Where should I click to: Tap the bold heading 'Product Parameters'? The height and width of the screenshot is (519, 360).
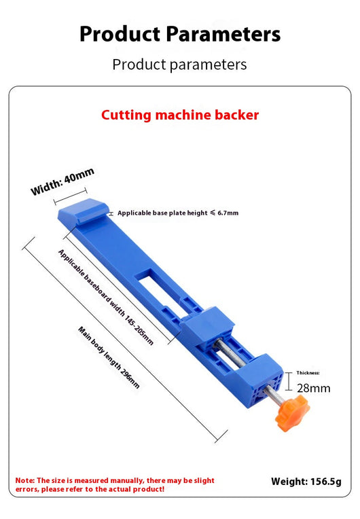(x=180, y=34)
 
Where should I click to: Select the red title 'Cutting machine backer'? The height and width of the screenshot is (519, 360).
(x=180, y=115)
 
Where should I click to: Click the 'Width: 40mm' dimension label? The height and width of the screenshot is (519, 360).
(x=62, y=181)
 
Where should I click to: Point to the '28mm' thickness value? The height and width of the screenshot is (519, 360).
(x=313, y=388)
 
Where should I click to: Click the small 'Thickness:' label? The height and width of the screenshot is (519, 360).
(x=308, y=373)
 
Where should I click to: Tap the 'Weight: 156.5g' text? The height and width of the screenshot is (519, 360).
(x=306, y=482)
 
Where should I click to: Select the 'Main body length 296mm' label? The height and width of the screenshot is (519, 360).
(x=109, y=357)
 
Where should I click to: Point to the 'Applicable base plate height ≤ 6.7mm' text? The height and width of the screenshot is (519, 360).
(x=178, y=213)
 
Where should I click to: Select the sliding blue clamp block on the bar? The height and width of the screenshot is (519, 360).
(x=206, y=325)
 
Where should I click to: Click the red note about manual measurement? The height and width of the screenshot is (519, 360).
(x=115, y=484)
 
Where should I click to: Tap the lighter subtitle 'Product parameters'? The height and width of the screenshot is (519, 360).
(x=180, y=65)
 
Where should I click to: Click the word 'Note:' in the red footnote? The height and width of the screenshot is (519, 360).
(x=25, y=480)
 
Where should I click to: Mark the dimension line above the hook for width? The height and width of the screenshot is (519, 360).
(x=71, y=196)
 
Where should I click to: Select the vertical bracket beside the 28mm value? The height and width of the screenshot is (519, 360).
(x=289, y=381)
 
